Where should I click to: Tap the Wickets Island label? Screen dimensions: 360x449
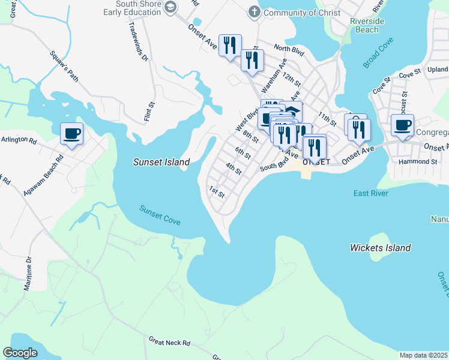pos(380,248)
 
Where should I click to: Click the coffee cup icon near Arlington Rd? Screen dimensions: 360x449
pos(72,133)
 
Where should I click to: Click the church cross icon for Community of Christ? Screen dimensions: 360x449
pos(254,12)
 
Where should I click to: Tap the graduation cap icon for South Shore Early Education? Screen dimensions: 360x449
pos(170,7)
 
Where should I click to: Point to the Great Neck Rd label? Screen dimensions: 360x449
pos(169,342)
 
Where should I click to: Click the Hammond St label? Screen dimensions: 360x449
pos(417,161)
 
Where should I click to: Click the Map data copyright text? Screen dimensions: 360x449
pos(423,355)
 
